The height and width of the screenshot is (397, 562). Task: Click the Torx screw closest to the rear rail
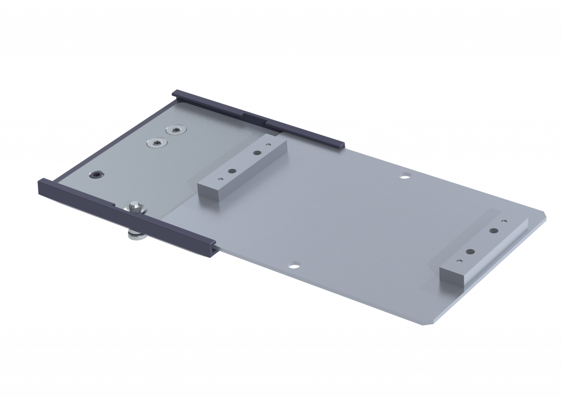click(x=175, y=129)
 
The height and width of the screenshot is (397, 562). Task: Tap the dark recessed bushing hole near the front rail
click(x=97, y=174)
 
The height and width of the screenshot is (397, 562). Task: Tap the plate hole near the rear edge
click(x=405, y=175)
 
